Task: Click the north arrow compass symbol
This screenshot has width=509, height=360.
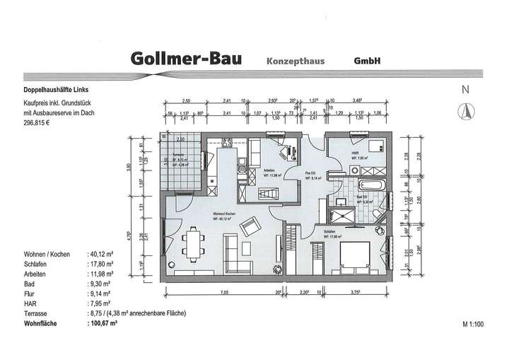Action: pyautogui.click(x=466, y=110)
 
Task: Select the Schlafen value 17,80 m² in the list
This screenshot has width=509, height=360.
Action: pyautogui.click(x=103, y=261)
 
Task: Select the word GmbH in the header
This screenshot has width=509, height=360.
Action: pyautogui.click(x=368, y=61)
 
